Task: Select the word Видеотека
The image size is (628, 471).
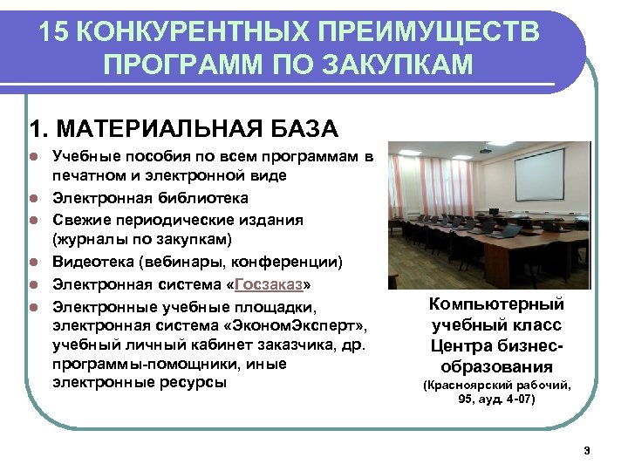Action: [x=90, y=261]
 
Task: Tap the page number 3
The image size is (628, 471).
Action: [x=587, y=450]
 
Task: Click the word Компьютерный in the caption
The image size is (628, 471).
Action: [x=496, y=305]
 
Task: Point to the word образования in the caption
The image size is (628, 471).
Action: [x=496, y=365]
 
